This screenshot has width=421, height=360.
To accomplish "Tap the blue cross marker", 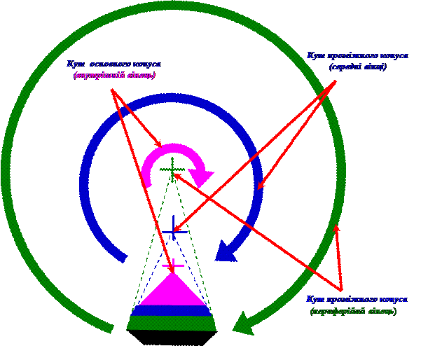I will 173,228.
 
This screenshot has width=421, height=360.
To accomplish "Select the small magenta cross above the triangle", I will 172,266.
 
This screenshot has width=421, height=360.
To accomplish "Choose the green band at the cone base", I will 172,323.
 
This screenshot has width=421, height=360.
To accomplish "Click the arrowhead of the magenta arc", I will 202,176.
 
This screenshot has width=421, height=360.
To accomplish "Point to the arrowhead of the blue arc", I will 225,250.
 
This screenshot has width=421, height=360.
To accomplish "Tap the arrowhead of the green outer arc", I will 243,324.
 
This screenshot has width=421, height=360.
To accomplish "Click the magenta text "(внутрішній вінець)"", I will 115,75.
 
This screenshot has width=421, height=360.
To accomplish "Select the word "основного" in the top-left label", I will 111,64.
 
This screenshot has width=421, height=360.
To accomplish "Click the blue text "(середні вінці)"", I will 358,67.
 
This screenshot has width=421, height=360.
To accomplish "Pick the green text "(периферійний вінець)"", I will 353,310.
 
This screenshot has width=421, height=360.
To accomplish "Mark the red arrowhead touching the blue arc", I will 259,188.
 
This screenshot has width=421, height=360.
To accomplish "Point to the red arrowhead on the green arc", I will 336,226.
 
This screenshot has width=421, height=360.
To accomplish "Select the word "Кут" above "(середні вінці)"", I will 314,55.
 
